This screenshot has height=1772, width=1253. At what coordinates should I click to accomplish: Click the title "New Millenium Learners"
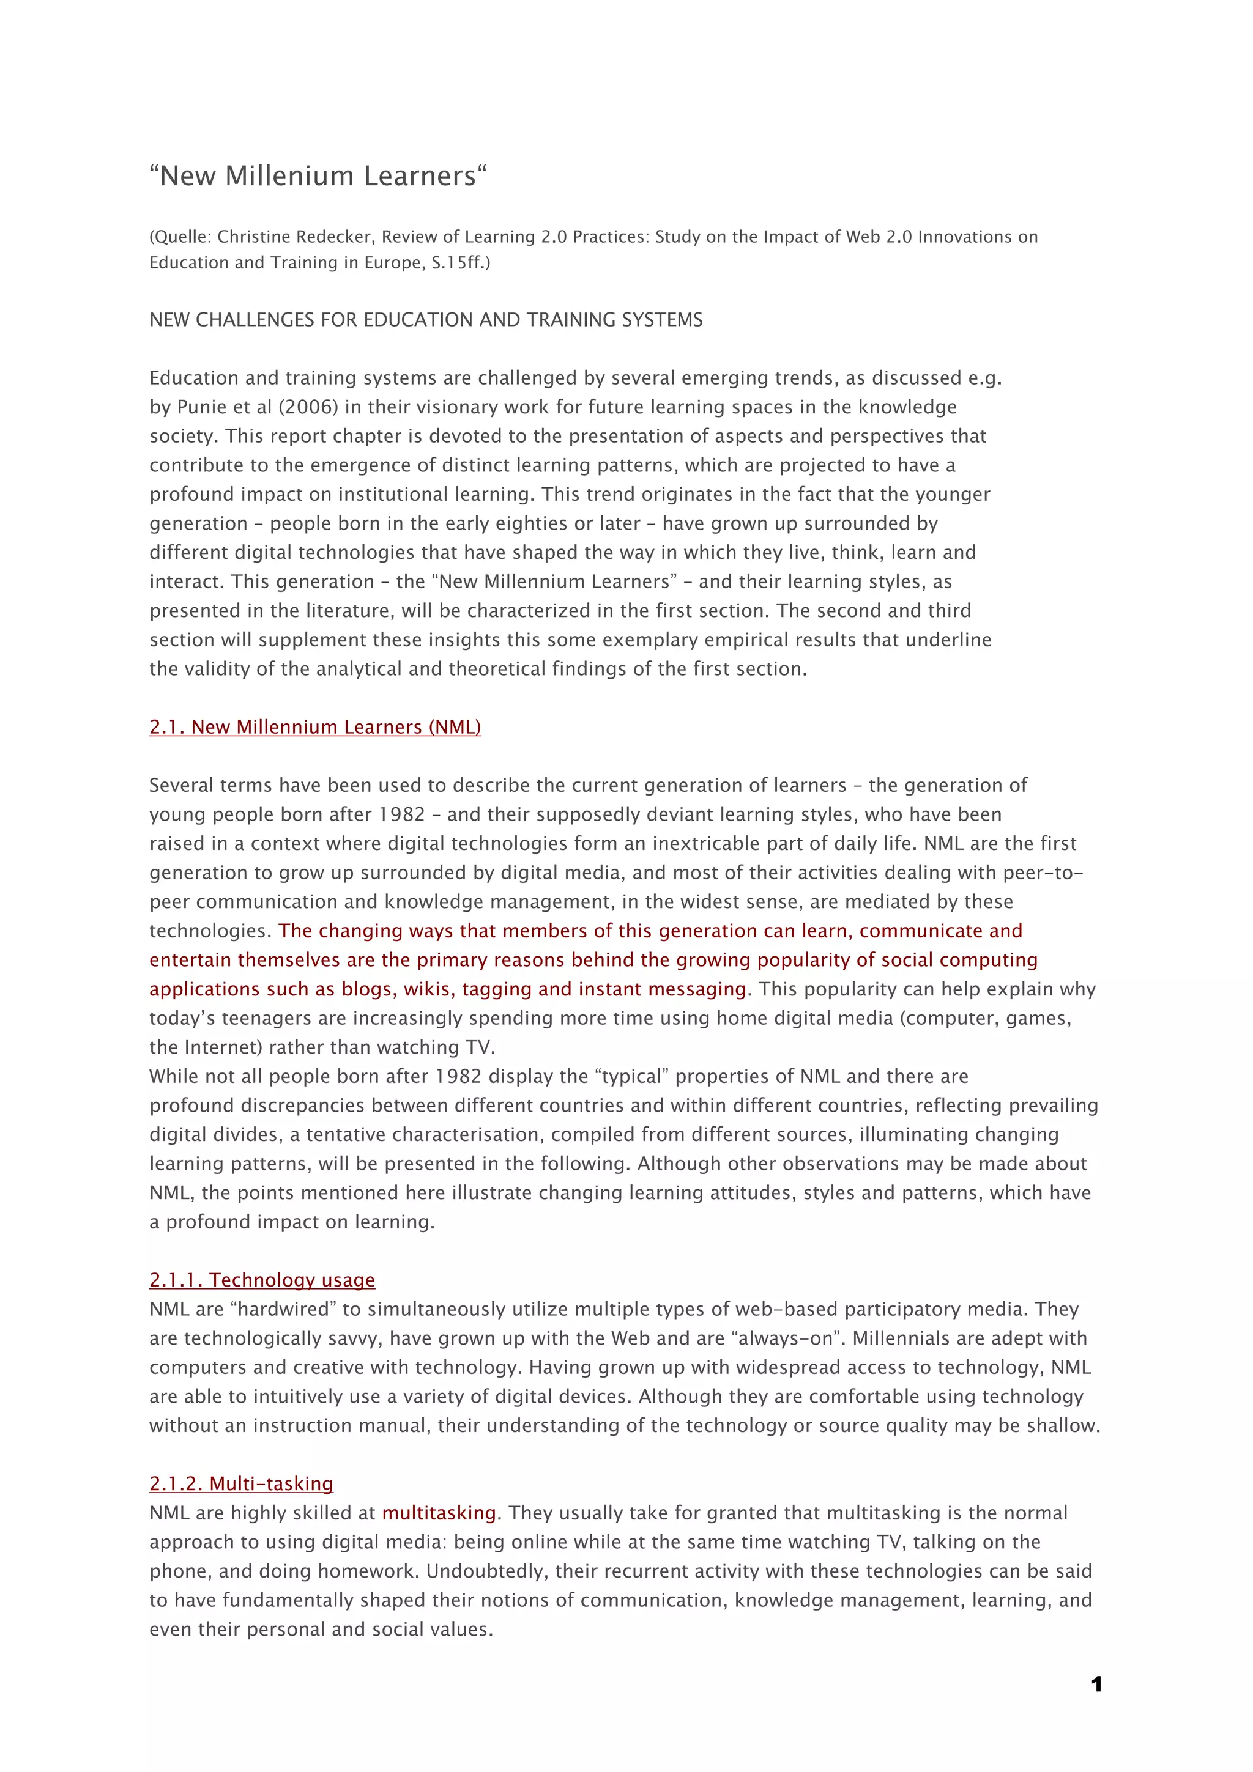318,176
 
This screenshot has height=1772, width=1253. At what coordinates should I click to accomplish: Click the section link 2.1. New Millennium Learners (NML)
315,727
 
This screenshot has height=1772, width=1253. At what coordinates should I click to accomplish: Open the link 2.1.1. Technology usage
262,1280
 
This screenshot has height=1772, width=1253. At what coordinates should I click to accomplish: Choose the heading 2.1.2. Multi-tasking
241,1483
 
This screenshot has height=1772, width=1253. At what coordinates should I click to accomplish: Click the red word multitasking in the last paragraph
439,1513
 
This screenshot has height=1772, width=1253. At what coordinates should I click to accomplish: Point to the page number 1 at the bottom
1096,1684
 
